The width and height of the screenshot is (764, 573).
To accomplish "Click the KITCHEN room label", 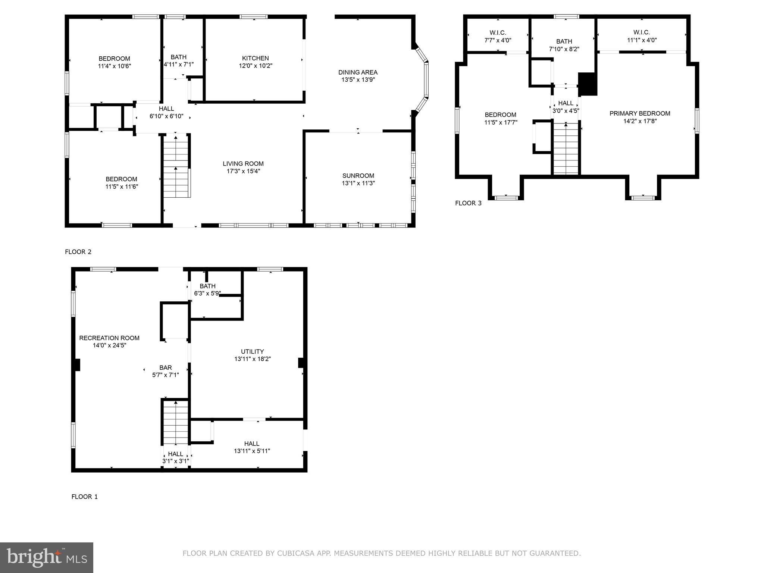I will click(256, 58).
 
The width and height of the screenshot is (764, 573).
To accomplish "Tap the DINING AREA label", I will click(358, 72).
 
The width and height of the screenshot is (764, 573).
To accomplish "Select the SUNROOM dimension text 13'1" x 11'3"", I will click(358, 183).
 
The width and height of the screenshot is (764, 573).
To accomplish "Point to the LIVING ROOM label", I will click(243, 164).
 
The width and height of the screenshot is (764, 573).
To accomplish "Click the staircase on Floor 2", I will click(176, 166).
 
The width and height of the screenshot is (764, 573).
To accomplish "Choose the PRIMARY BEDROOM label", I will click(640, 113).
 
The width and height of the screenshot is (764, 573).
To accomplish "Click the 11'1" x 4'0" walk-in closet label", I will click(642, 40).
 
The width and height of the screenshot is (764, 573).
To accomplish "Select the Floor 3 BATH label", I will click(564, 41).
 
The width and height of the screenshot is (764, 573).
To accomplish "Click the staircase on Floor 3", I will click(566, 149).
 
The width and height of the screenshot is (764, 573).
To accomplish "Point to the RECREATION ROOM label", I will click(109, 338).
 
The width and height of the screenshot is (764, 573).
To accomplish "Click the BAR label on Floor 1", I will click(166, 368).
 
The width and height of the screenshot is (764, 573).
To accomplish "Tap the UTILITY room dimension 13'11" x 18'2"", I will click(253, 359).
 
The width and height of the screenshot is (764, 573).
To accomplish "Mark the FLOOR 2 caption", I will click(78, 252).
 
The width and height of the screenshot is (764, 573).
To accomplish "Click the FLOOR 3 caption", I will click(468, 203).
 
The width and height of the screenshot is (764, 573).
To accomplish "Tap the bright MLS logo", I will click(47, 557).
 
